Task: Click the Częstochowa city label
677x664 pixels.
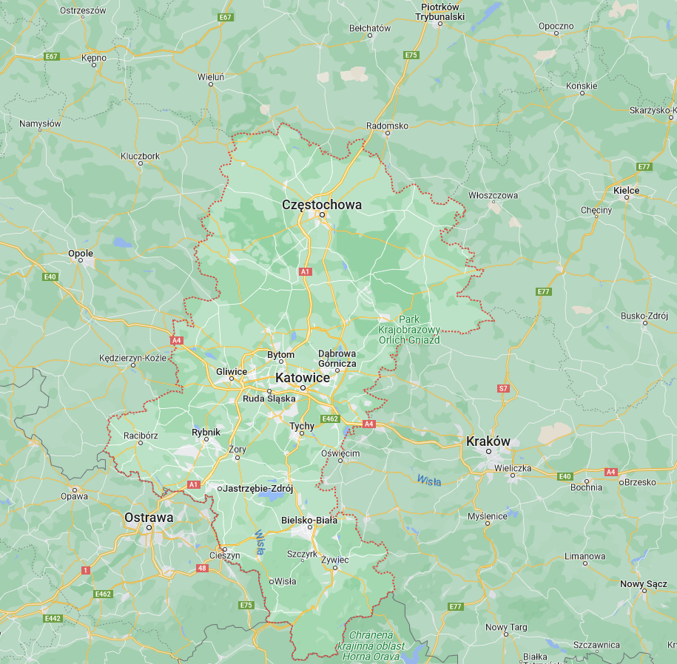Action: point(322,204)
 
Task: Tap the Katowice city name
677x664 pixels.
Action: point(302,378)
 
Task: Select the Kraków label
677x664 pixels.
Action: point(488,441)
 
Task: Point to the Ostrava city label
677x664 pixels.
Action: point(149,517)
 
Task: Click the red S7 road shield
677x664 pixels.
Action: point(503,388)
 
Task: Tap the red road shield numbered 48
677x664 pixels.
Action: point(202,568)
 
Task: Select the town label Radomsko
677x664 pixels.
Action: point(387,126)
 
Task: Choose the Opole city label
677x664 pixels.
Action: point(80,253)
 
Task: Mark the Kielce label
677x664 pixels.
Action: point(626,190)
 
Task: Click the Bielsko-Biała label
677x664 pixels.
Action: point(309,520)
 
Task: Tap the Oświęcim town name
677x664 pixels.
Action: point(340,453)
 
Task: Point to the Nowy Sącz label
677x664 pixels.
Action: point(643,584)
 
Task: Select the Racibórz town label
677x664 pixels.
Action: point(141,436)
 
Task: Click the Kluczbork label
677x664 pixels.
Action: point(140,156)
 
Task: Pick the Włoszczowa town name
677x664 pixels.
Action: point(493,195)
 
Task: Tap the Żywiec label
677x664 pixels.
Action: point(334,560)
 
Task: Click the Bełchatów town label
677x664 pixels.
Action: point(369,28)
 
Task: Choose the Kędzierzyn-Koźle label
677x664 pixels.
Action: point(134,358)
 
